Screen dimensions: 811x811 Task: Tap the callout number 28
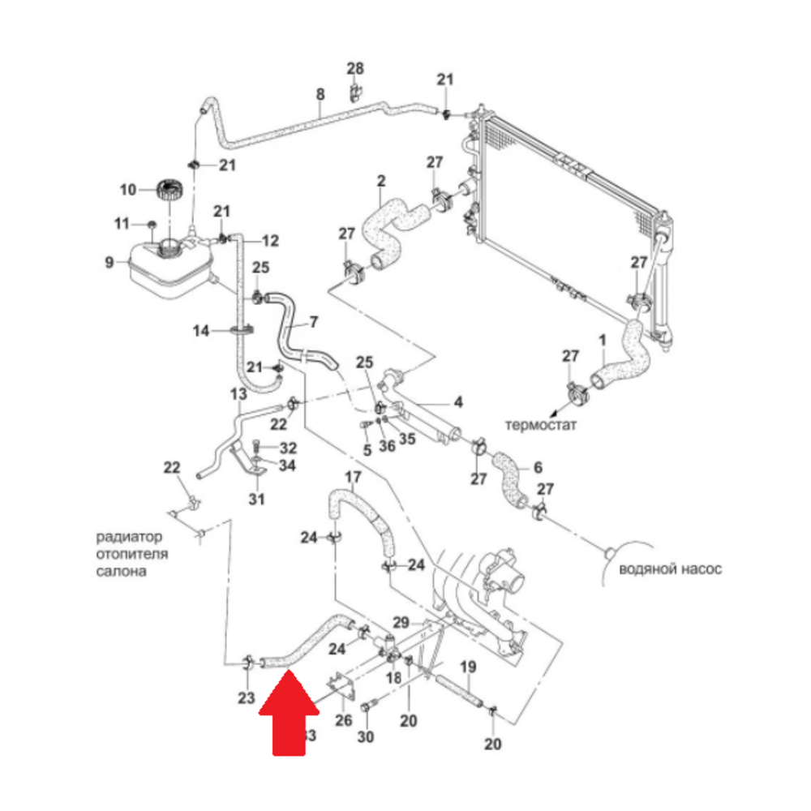[356, 68]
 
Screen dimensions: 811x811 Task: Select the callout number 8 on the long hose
[320, 94]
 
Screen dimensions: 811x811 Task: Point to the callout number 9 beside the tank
[109, 262]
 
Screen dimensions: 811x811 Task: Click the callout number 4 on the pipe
[457, 401]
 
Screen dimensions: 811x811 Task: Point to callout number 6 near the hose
[536, 467]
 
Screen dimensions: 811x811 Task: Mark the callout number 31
[256, 499]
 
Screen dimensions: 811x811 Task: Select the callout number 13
[238, 394]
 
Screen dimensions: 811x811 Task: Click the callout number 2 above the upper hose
[380, 179]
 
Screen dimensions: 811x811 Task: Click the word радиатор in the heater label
[131, 537]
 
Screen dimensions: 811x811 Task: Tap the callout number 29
[401, 622]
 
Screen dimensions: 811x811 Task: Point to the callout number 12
[270, 240]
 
